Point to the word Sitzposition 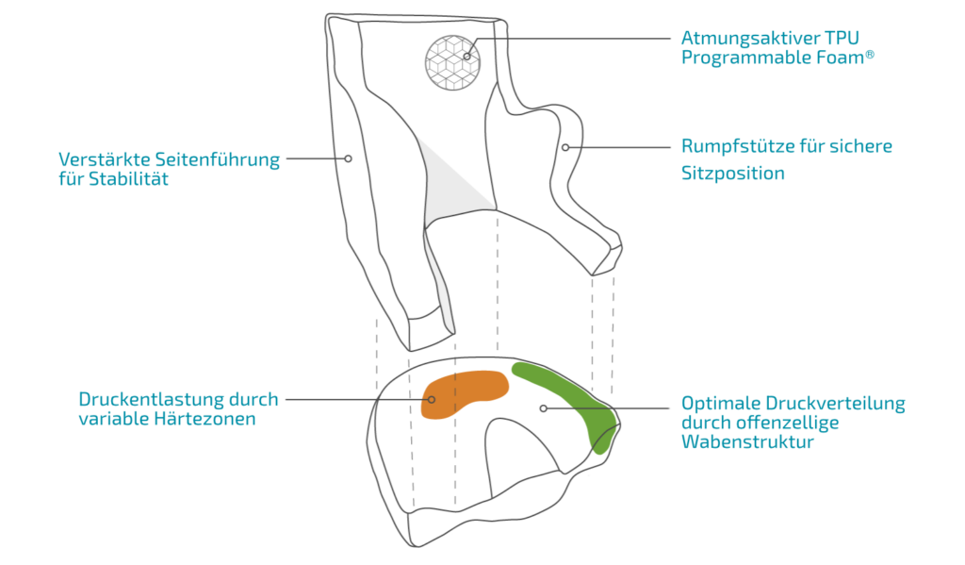pyautogui.click(x=732, y=174)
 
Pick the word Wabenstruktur pyautogui.click(x=746, y=441)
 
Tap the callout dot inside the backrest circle pyautogui.click(x=466, y=57)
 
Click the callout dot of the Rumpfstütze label pyautogui.click(x=565, y=147)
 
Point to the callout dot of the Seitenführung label pyautogui.click(x=349, y=159)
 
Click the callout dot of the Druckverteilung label pyautogui.click(x=544, y=408)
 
